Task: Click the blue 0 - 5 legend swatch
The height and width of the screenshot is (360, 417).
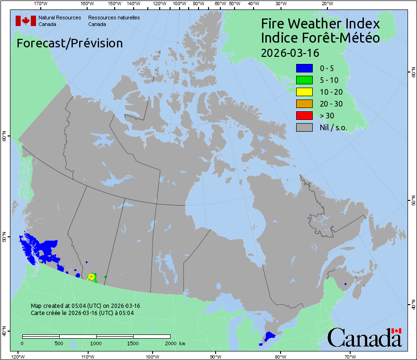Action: coord(304,68)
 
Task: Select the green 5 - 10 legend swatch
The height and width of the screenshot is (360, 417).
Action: coord(304,80)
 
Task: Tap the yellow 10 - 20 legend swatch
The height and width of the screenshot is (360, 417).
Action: coord(304,92)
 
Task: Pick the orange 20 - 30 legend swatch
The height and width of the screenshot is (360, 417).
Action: coord(304,104)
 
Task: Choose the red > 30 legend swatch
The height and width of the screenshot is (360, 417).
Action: coord(304,116)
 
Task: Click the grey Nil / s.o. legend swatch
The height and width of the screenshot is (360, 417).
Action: coord(304,127)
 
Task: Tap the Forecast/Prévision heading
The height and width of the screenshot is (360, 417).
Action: coord(70,44)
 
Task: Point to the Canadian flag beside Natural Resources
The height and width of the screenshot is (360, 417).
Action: coord(26,21)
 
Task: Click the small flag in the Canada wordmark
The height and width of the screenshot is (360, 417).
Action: coord(397,331)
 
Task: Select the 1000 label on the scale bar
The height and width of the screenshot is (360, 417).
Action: coord(96,343)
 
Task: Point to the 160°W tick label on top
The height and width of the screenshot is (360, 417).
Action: coord(86,3)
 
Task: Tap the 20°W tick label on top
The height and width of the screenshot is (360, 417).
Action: coord(326,3)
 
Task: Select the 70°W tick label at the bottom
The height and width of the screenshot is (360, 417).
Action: coord(349,356)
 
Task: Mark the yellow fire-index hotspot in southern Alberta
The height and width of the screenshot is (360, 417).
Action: coord(91,277)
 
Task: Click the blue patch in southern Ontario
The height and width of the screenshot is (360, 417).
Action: coord(270,336)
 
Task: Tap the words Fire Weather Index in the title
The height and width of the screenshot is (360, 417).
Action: coord(320,24)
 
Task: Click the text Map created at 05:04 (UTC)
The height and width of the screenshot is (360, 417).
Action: coord(85,306)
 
